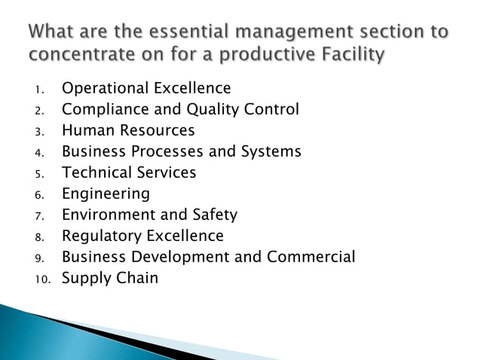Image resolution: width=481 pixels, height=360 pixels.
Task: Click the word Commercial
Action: click(x=311, y=257)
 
